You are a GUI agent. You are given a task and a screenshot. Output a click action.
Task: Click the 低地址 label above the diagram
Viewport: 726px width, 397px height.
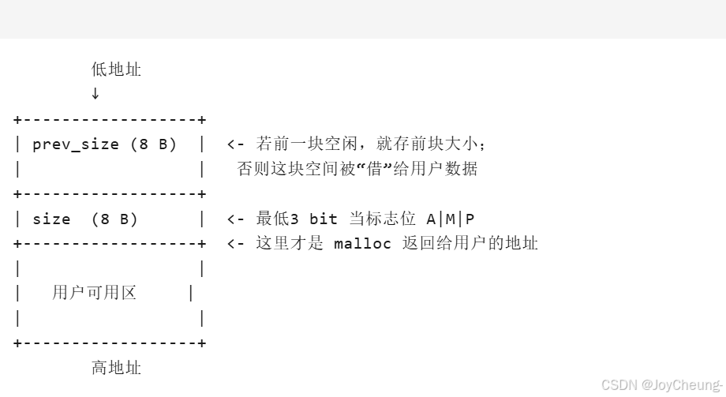pos(116,69)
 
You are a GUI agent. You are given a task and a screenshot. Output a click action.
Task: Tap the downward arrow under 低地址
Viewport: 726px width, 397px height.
pos(95,93)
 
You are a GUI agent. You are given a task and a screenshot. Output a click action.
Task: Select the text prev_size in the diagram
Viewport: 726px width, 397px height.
pos(76,144)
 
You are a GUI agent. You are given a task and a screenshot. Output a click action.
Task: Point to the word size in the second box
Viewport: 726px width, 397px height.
pos(51,219)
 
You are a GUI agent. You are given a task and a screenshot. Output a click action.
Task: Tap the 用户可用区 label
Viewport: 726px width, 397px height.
pos(94,293)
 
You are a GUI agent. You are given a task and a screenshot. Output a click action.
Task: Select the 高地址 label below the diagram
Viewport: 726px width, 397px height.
pos(116,367)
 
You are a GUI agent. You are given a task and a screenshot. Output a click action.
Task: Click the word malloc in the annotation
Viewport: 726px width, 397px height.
pos(362,243)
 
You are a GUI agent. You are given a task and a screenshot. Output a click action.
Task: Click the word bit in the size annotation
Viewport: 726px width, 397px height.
pos(324,219)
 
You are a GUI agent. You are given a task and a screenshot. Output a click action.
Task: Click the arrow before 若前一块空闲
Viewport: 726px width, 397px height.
pos(236,144)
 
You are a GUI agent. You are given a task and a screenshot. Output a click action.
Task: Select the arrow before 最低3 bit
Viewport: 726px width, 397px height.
pos(236,219)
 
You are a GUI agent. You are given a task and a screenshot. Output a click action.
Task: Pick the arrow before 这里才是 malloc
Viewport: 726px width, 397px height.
pos(236,243)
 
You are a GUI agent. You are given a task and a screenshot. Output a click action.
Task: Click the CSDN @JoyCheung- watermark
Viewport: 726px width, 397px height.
pos(661,385)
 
